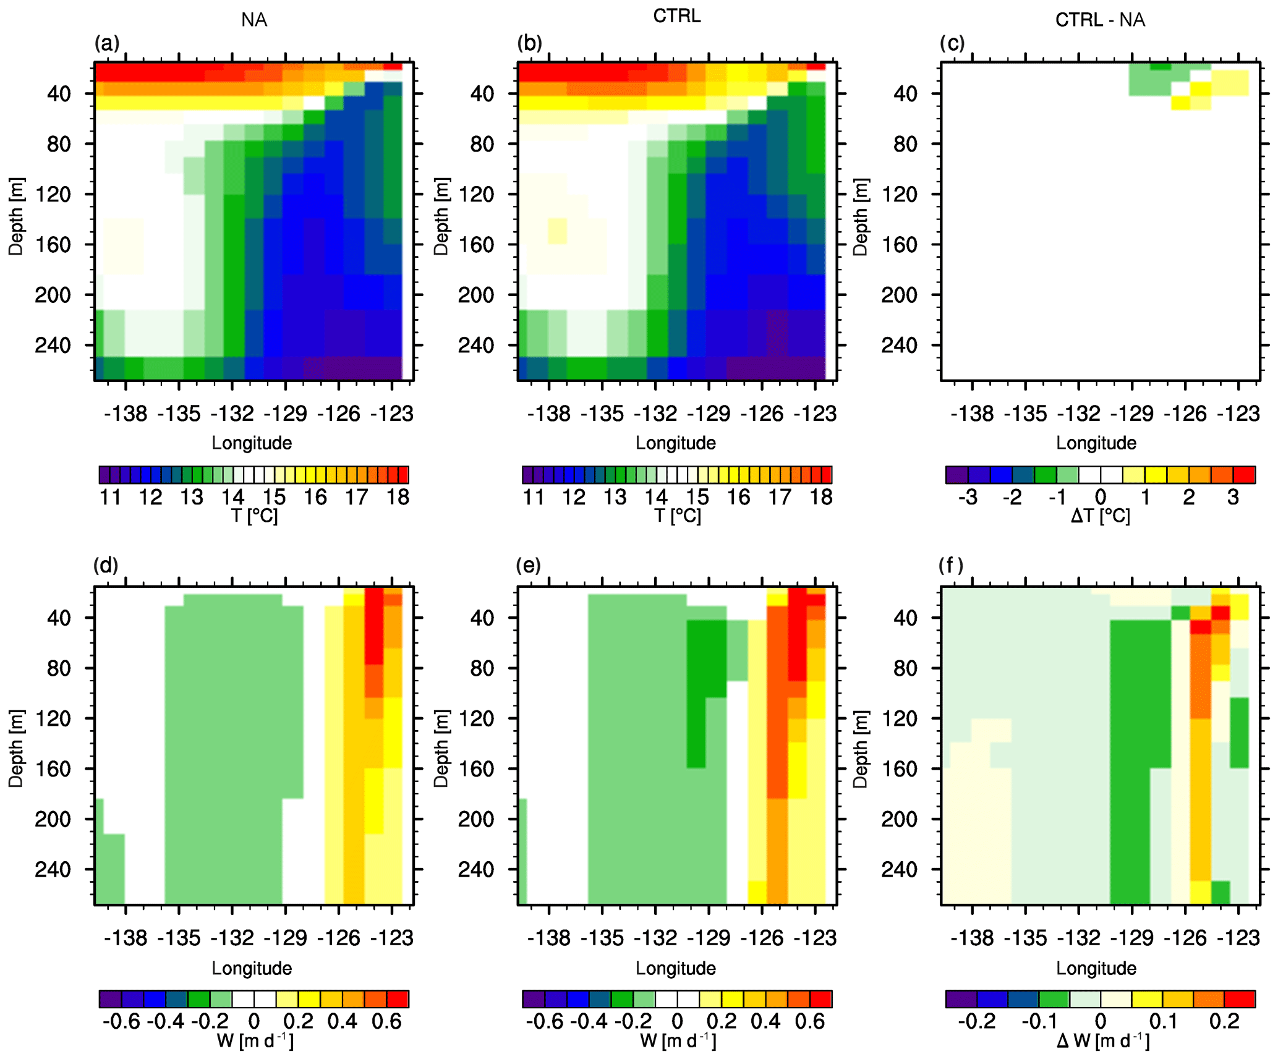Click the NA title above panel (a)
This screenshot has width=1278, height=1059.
[254, 20]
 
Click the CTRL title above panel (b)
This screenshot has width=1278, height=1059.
[677, 16]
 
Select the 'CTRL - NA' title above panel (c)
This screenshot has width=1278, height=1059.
[1100, 20]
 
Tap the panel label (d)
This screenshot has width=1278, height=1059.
[106, 566]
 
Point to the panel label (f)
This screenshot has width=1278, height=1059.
[951, 566]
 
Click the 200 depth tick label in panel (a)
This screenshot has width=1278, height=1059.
[53, 295]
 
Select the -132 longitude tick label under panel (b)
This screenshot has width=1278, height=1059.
[655, 414]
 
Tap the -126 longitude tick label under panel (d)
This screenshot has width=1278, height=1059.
[338, 938]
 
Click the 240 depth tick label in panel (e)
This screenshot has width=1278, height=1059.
[476, 870]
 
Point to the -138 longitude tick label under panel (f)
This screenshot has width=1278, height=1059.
[972, 938]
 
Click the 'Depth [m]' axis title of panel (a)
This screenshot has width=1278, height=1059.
[16, 216]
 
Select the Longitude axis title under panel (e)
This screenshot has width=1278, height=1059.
[676, 968]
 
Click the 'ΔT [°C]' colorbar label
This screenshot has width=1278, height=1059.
[1100, 516]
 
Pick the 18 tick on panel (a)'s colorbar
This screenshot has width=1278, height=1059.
[398, 497]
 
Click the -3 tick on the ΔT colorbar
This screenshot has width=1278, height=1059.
[968, 497]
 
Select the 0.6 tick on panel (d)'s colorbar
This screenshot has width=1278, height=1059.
[387, 1021]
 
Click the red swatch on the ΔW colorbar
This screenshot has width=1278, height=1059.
[1239, 999]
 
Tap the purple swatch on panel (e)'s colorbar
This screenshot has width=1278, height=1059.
[534, 999]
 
